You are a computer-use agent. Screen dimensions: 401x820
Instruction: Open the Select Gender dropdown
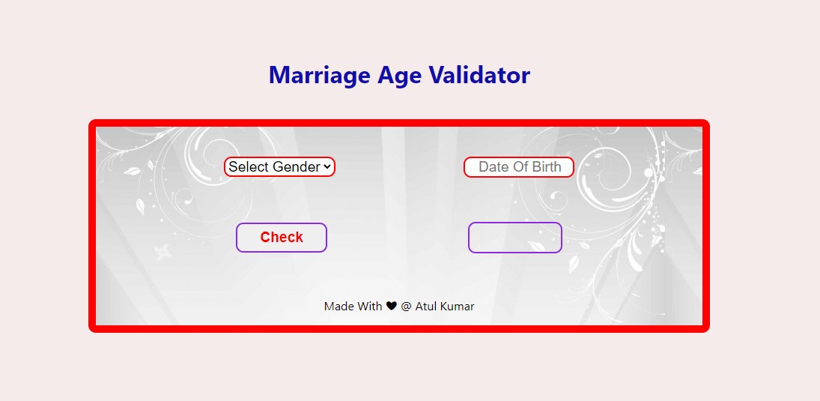(x=279, y=167)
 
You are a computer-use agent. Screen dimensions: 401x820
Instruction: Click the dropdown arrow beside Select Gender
(x=327, y=167)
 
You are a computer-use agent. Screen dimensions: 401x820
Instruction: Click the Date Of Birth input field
(x=519, y=167)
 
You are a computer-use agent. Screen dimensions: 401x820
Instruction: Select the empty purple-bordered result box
(x=514, y=238)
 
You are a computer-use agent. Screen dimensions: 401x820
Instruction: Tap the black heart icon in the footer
(x=391, y=306)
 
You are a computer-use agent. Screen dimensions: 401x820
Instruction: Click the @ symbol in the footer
(x=406, y=306)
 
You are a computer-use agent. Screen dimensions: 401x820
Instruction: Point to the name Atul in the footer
(x=425, y=306)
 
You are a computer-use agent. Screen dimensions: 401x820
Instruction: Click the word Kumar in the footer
(x=457, y=306)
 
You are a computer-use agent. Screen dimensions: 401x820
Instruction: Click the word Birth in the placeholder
(x=546, y=167)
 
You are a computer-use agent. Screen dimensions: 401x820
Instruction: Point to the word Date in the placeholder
(x=493, y=167)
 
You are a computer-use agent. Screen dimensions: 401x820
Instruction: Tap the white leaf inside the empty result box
(x=536, y=245)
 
